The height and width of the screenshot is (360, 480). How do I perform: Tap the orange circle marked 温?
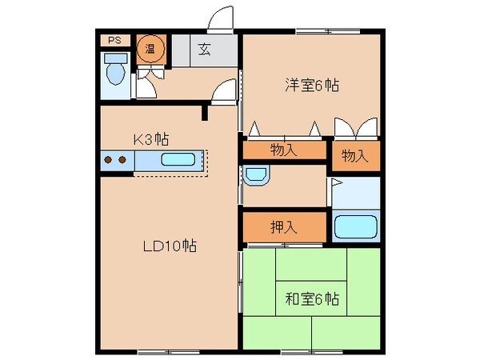coord(149,49)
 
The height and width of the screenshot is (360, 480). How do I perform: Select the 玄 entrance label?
coord(204,50)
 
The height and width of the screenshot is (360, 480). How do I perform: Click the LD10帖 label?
coord(170,246)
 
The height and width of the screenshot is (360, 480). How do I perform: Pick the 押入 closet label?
coord(284,226)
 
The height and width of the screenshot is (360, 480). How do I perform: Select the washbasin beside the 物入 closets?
coord(257,175)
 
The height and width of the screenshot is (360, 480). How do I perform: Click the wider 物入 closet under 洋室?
coord(284,150)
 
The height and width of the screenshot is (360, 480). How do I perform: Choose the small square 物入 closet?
coord(354,155)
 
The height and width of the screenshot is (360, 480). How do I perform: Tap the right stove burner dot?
coord(122,159)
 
